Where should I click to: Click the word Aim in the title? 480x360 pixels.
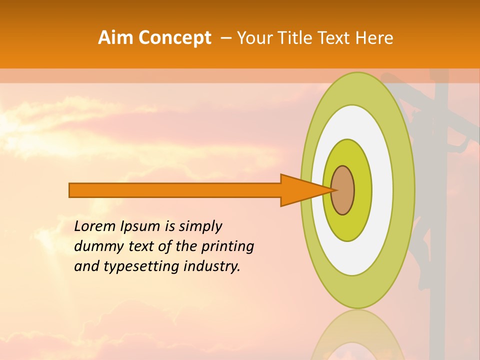[116, 38]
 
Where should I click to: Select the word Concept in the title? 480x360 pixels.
[174, 38]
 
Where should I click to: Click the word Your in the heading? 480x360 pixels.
[255, 38]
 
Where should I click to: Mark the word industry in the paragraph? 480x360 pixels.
[212, 267]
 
